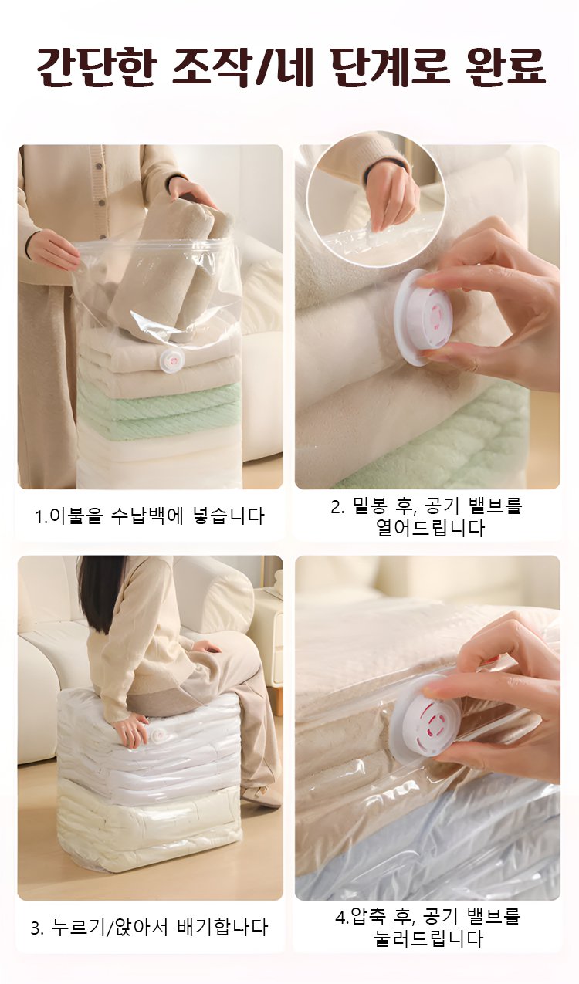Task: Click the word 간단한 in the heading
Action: pos(96,66)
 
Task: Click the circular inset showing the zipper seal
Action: pos(376,200)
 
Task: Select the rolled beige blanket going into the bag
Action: pos(171,272)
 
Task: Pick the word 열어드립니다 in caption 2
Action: pos(431,528)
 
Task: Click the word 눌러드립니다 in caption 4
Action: pos(428,938)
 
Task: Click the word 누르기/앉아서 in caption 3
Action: pos(110,928)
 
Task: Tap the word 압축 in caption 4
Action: pos(369,917)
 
